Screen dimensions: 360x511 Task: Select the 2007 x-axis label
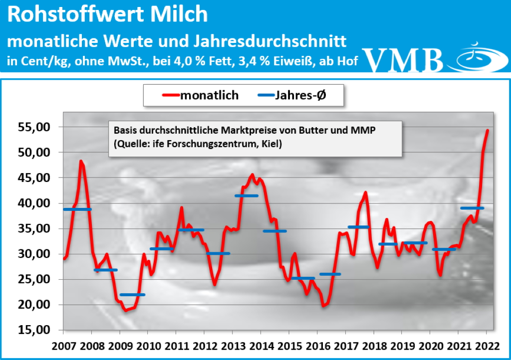point(63,346)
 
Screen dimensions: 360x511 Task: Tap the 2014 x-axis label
point(261,346)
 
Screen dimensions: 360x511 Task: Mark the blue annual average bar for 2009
point(133,295)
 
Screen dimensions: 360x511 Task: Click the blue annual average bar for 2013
point(246,195)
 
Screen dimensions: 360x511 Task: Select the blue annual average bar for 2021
point(472,208)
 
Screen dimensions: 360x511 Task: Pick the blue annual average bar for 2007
point(77,209)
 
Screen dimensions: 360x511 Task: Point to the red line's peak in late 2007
point(81,161)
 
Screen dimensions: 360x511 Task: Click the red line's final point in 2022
point(488,131)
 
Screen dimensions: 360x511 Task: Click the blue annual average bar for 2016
point(330,274)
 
